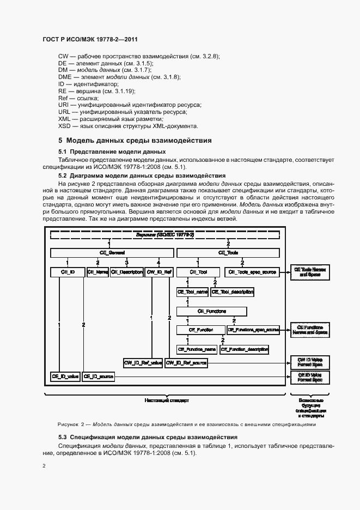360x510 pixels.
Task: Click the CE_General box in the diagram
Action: pos(112,253)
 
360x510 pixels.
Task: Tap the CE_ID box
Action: pos(66,271)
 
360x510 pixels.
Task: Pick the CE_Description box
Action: pos(126,271)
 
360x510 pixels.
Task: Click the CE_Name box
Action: pos(98,271)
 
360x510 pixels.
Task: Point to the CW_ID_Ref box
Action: pos(159,271)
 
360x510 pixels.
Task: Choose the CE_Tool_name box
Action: pos(192,292)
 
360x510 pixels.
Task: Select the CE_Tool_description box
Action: pos(233,292)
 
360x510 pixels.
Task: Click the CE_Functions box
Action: pos(212,311)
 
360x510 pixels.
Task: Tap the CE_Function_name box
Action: pos(197,349)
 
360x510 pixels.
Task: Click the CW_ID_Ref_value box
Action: pos(143,362)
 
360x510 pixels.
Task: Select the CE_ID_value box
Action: pos(65,376)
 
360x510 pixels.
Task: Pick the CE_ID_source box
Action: pos(98,376)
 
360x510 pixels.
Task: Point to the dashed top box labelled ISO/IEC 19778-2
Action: pos(168,235)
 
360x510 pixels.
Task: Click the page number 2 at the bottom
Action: pos(44,466)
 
